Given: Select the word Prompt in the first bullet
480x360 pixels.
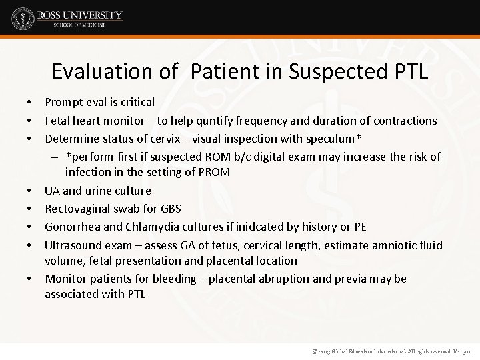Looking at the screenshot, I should tap(64, 102).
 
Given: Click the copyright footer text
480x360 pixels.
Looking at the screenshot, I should tap(387, 349).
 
